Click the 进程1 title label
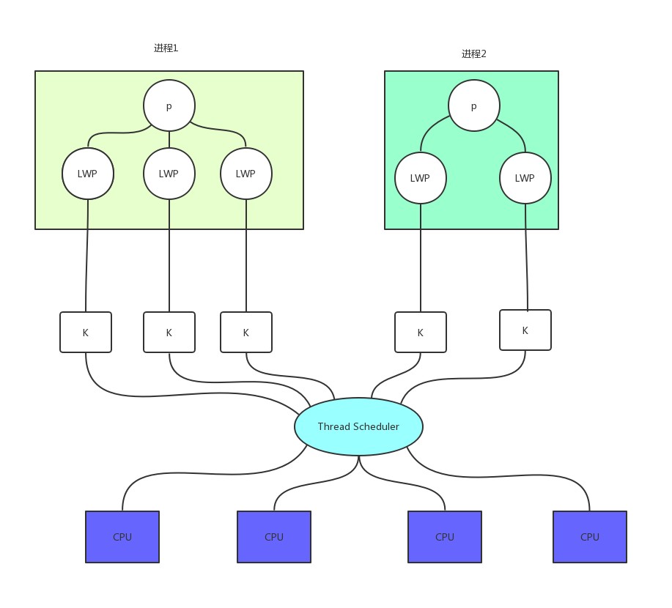click(166, 48)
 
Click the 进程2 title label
click(473, 54)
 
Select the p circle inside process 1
click(169, 106)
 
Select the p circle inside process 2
click(474, 106)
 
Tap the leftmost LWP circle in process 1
click(88, 174)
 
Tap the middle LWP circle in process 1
click(169, 174)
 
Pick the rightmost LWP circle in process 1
click(246, 174)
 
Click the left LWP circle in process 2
click(421, 178)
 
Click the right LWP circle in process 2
click(525, 178)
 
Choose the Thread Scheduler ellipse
click(358, 426)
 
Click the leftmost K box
click(86, 333)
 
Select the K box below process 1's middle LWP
click(169, 333)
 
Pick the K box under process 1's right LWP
click(246, 333)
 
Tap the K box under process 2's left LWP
click(421, 333)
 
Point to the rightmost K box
click(525, 330)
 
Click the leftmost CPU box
click(122, 537)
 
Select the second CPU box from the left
click(274, 537)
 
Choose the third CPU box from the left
click(445, 537)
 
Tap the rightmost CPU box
click(590, 537)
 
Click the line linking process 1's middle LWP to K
click(169, 256)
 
